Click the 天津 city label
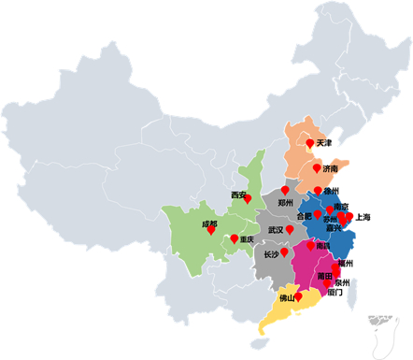324,144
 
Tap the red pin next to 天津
309,143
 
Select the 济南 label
330,169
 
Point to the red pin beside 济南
317,168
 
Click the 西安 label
238,195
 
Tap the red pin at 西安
248,198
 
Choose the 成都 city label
208,224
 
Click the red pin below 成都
211,230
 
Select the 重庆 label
247,239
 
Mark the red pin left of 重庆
233,238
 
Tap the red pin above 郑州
285,190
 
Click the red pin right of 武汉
290,229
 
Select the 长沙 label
270,253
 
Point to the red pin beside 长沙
284,252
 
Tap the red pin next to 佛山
299,296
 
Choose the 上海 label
363,217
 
